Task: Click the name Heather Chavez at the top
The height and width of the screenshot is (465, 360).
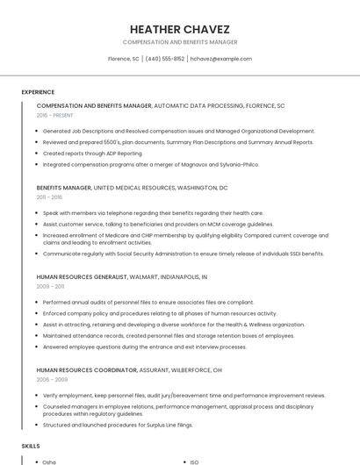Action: click(x=179, y=28)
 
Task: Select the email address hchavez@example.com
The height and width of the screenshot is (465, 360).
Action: click(x=220, y=59)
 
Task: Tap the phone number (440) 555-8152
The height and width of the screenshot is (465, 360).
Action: click(x=164, y=59)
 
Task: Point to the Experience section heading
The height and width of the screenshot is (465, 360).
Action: click(x=38, y=92)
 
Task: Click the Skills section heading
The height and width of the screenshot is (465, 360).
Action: click(x=31, y=446)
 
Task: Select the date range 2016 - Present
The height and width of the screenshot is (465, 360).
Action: click(x=54, y=115)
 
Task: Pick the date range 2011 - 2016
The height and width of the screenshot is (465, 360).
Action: click(x=49, y=197)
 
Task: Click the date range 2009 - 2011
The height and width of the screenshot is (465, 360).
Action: click(x=50, y=286)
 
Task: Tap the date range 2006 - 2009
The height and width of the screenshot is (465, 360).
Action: click(x=50, y=380)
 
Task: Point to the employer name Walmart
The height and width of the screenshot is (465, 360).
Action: click(x=143, y=277)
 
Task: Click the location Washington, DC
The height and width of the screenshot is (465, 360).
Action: click(x=202, y=188)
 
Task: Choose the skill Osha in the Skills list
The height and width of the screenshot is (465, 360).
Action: click(x=49, y=461)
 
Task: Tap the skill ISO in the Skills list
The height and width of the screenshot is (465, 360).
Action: click(x=195, y=461)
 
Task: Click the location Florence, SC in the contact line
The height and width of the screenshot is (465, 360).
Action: click(x=123, y=59)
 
